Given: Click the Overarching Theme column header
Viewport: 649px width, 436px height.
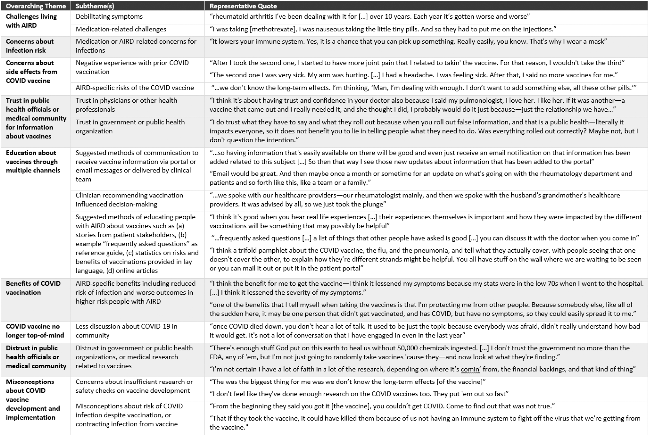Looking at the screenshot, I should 36,6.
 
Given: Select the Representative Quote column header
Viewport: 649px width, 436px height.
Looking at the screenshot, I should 243,6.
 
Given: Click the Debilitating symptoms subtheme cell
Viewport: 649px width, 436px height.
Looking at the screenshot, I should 109,17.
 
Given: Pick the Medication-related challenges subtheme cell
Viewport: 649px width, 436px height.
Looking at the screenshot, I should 121,29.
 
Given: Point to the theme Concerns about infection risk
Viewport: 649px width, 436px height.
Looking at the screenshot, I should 30,46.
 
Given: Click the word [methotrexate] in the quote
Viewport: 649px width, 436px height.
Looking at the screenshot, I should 273,29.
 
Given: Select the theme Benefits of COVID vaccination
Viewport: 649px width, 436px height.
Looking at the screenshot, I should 33,288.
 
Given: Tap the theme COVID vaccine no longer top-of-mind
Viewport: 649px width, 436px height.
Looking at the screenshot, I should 35,331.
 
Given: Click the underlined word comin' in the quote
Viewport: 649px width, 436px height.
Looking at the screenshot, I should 470,369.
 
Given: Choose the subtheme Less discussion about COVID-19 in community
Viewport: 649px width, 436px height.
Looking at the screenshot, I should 126,331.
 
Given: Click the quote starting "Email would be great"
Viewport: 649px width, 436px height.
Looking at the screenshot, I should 420,178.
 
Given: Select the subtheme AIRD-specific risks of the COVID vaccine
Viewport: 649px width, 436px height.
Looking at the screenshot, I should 134,88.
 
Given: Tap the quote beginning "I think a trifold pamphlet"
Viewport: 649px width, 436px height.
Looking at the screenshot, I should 425,259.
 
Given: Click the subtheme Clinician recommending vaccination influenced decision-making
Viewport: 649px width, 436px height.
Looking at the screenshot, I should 129,200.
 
